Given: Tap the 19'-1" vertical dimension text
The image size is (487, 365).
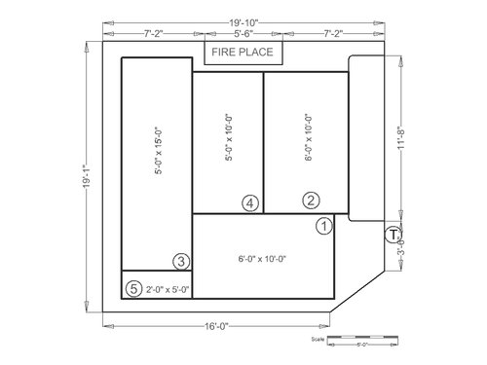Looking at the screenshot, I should (x=87, y=178).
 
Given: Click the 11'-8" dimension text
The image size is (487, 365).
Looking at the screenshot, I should (x=399, y=138).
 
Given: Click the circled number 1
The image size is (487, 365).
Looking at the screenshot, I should (x=325, y=225).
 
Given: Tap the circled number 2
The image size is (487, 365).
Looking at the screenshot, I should (x=311, y=201).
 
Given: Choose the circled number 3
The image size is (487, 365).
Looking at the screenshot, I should (x=180, y=261).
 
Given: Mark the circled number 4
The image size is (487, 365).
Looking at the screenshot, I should (x=250, y=202).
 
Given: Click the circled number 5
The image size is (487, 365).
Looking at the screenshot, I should (x=133, y=288).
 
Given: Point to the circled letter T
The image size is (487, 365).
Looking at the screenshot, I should (x=392, y=234).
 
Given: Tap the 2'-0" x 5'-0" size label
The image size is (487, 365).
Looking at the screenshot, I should (x=167, y=289).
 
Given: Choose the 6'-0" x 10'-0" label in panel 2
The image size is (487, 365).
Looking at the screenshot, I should (x=308, y=138).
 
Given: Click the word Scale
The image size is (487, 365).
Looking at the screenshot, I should (x=317, y=341).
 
